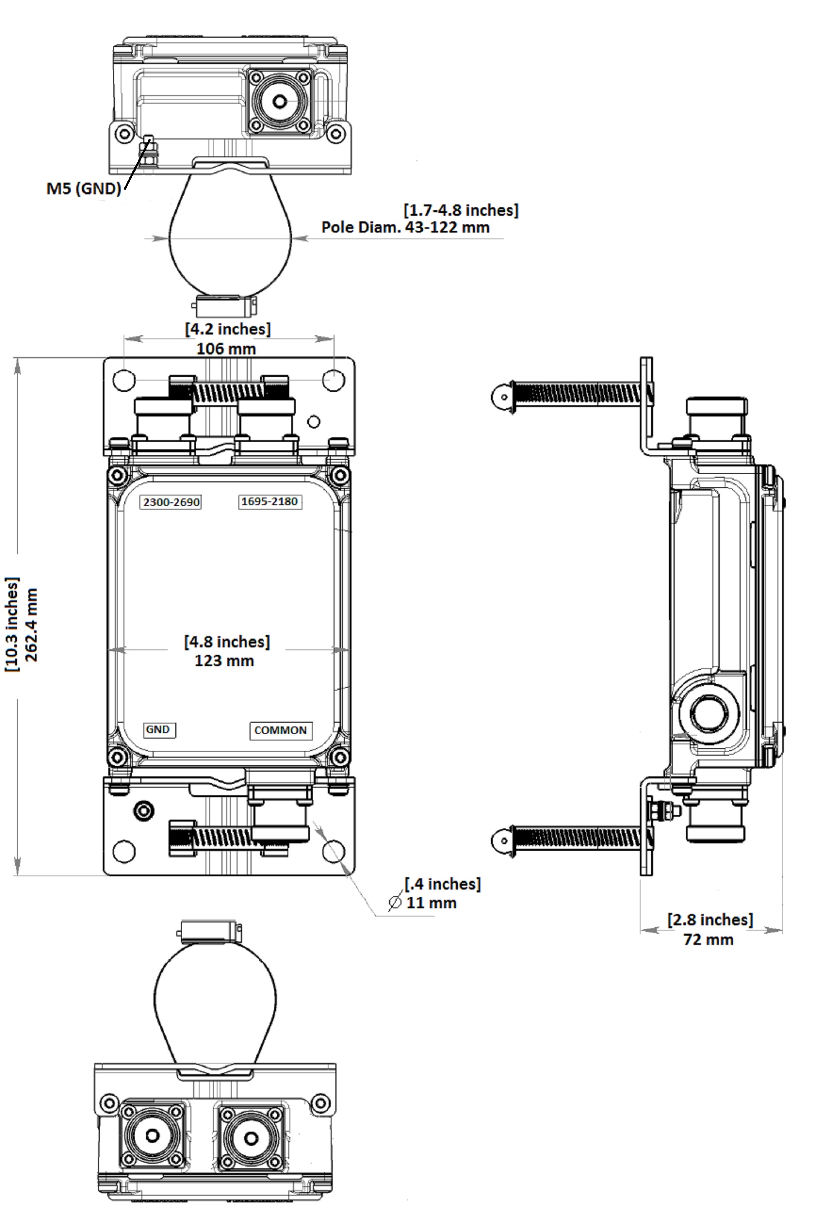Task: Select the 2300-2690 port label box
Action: tap(171, 502)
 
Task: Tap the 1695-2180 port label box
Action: tap(270, 502)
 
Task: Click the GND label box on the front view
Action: tap(158, 730)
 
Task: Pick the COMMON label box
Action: tap(280, 731)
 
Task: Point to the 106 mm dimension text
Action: tap(226, 348)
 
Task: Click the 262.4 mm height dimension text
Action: tap(32, 625)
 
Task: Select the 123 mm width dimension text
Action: tap(224, 661)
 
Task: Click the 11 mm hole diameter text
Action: tap(431, 902)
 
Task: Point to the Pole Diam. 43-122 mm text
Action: tap(405, 227)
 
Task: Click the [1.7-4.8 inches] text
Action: tap(461, 210)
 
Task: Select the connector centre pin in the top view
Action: tap(280, 101)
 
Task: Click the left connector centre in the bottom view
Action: tap(152, 1135)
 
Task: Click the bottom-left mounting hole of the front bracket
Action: tap(124, 851)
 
